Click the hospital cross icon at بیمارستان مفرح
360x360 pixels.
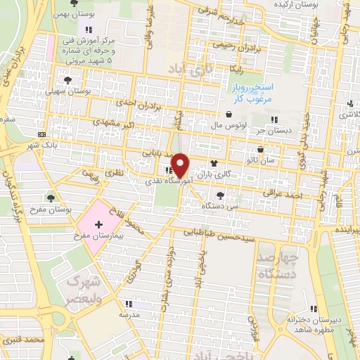tap(97, 224)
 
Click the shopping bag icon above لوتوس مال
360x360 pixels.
tap(229, 114)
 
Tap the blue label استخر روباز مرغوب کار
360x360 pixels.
tap(250, 92)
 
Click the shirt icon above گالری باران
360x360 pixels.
tap(214, 161)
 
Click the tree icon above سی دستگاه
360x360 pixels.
tap(221, 195)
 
